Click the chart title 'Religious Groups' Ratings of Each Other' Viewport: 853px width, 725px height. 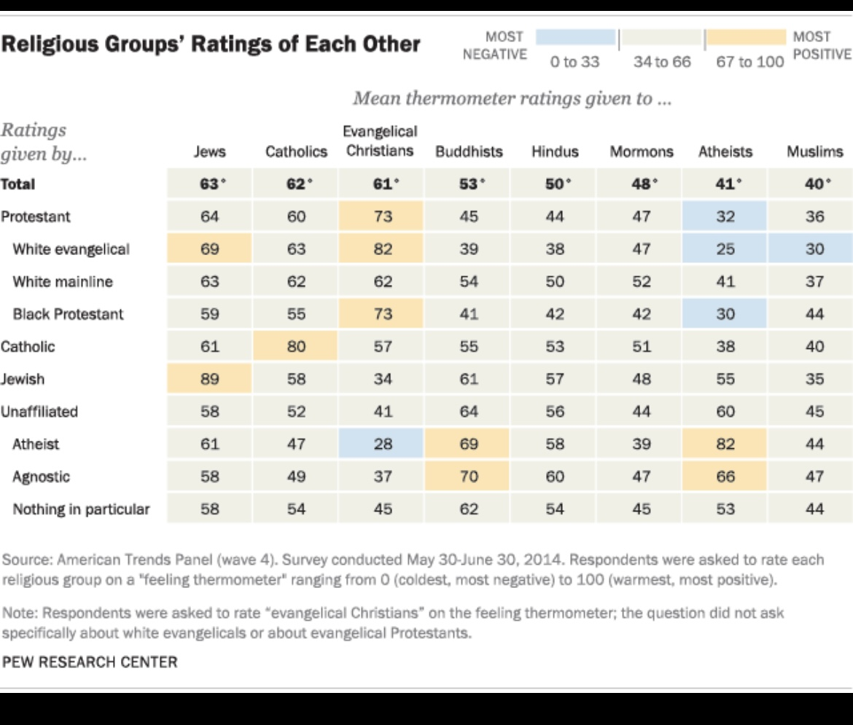pyautogui.click(x=211, y=44)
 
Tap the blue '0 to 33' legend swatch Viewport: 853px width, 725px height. pyautogui.click(x=575, y=37)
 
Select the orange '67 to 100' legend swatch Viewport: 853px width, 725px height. pyautogui.click(x=744, y=37)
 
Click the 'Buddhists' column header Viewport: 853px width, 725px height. pyautogui.click(x=469, y=152)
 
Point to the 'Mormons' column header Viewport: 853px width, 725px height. pyautogui.click(x=642, y=152)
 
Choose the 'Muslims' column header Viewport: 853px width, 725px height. pyautogui.click(x=814, y=152)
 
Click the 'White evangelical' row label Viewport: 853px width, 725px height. pyautogui.click(x=71, y=249)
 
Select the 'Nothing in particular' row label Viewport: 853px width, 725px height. pyautogui.click(x=81, y=509)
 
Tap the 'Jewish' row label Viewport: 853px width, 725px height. pyautogui.click(x=23, y=379)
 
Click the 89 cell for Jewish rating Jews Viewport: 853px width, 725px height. pyautogui.click(x=210, y=379)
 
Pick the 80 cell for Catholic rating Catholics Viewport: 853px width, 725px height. pyautogui.click(x=296, y=347)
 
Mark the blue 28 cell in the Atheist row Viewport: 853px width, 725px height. pyautogui.click(x=383, y=444)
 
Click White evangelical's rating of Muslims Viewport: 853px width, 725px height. pyautogui.click(x=814, y=249)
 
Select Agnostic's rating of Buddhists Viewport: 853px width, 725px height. pyautogui.click(x=469, y=477)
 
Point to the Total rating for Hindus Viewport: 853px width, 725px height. pyautogui.click(x=556, y=184)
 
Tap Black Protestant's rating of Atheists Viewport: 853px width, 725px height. pyautogui.click(x=725, y=314)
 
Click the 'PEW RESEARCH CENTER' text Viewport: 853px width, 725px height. pyautogui.click(x=90, y=662)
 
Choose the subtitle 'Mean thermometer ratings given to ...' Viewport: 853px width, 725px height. pyautogui.click(x=511, y=98)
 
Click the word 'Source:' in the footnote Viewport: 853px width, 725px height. pyautogui.click(x=28, y=560)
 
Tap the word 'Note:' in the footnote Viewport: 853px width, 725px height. pyautogui.click(x=20, y=613)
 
